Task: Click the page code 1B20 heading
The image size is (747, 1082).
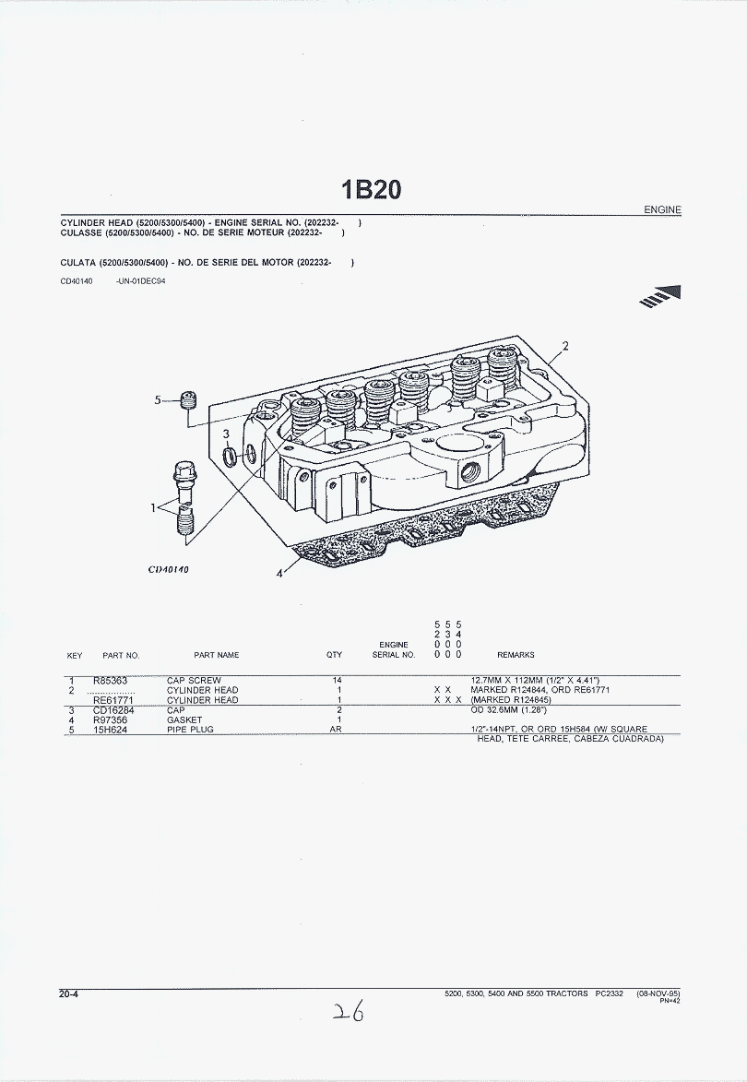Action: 371,189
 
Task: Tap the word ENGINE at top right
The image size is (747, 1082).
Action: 662,209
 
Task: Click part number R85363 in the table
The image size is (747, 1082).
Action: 111,681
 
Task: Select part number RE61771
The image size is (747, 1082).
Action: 113,700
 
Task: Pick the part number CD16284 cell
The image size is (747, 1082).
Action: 113,710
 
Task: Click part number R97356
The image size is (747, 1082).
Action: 111,719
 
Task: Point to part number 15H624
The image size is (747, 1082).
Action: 111,730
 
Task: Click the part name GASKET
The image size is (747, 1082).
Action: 184,719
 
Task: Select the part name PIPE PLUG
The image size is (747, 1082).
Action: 190,730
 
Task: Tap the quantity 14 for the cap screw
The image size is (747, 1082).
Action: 338,681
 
